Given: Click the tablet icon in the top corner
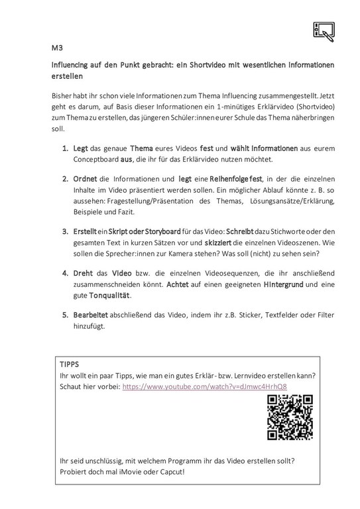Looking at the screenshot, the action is coord(323,30).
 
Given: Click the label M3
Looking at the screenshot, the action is coord(58,48).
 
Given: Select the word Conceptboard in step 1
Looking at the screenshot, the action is coord(97,159).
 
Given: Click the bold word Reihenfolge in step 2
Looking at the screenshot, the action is coord(222,179).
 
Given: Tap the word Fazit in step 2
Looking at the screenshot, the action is coord(123,212).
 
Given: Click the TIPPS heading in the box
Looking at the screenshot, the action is coord(69,364).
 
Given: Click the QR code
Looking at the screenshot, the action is coord(290,416).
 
